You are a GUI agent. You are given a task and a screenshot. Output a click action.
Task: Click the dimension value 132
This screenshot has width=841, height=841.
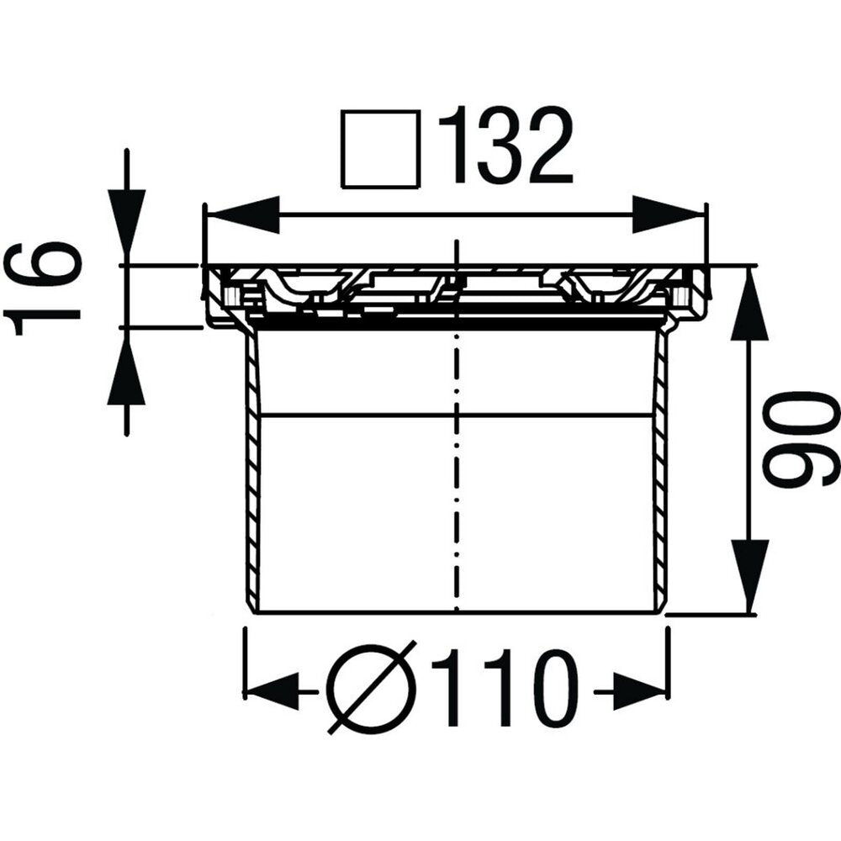[x=505, y=145]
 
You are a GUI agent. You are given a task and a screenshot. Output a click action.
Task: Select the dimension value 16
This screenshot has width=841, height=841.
[x=42, y=288]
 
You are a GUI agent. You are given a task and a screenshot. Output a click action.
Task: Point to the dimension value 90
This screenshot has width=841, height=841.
[x=801, y=438]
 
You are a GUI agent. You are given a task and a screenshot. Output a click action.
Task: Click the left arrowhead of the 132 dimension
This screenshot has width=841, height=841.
[x=244, y=215]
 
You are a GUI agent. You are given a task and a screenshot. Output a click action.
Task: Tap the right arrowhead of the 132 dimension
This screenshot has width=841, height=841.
[x=667, y=215]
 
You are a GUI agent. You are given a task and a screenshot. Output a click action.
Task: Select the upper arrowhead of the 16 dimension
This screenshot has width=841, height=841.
[x=126, y=225]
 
